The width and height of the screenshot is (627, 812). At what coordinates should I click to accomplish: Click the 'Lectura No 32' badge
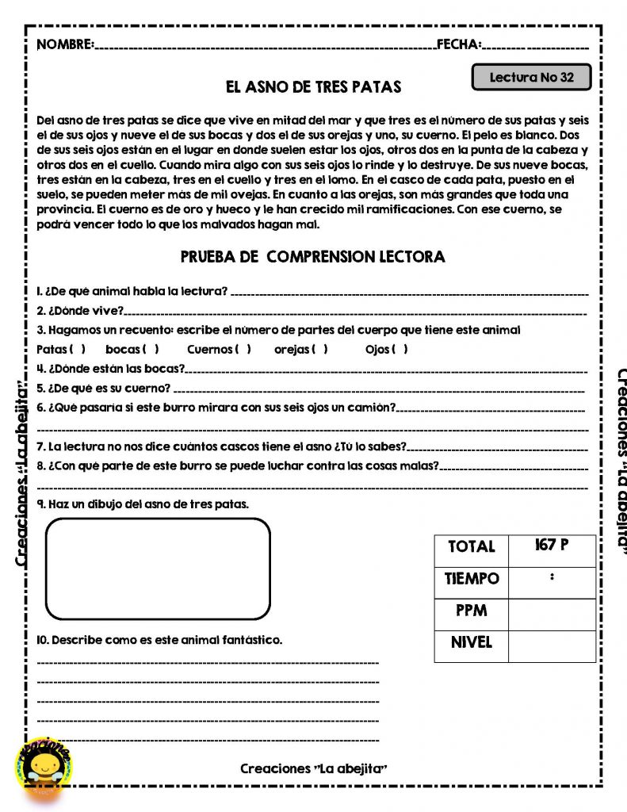(531, 78)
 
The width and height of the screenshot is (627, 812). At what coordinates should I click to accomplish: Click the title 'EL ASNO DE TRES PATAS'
(313, 86)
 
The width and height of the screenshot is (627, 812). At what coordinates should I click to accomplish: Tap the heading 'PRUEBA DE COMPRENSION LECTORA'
(312, 257)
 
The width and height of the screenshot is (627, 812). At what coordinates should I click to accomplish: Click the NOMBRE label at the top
(65, 44)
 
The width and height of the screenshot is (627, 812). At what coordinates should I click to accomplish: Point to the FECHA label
(459, 44)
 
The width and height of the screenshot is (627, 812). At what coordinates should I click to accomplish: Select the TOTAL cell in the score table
(471, 546)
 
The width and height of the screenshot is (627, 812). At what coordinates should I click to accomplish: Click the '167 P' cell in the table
(551, 546)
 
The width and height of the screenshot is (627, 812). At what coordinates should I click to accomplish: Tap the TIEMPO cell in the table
(471, 579)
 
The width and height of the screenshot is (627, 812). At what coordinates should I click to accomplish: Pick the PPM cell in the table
(471, 611)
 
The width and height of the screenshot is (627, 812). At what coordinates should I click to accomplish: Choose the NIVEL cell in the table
(471, 643)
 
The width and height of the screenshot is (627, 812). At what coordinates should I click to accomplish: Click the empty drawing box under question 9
(158, 569)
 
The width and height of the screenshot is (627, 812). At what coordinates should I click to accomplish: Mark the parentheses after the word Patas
(78, 350)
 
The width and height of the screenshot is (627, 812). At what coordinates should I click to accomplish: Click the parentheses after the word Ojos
(400, 350)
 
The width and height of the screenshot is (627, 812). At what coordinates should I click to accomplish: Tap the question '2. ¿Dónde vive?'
(80, 310)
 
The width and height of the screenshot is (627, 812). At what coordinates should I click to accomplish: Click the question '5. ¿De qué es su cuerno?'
(104, 389)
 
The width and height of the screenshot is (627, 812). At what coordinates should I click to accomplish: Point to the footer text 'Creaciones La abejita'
(313, 768)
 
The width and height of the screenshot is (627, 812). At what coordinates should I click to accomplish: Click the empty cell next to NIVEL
(551, 645)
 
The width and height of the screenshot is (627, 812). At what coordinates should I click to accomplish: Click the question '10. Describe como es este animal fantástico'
(159, 639)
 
